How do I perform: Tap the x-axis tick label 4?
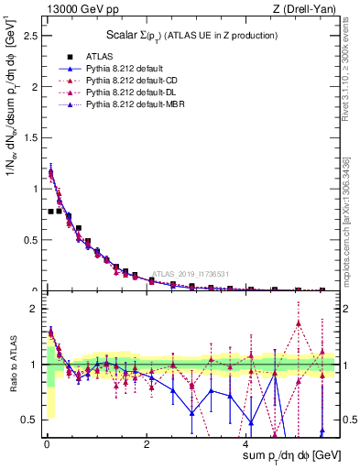pos(245,444)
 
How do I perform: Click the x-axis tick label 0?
pos(46,444)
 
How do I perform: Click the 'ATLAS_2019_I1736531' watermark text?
pos(193,273)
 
